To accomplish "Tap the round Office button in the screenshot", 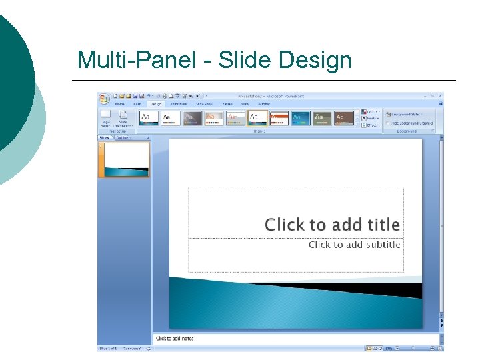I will click(105, 99).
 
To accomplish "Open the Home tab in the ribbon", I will click(120, 104).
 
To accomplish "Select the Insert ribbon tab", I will click(137, 104).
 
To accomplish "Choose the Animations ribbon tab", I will click(179, 104).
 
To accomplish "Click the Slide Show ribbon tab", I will click(204, 104).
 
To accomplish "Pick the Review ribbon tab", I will click(228, 104).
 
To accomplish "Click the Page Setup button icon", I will click(106, 116).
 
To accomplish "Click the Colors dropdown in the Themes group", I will click(371, 111).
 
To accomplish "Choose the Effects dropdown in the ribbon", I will click(371, 125).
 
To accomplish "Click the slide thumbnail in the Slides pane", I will click(125, 159).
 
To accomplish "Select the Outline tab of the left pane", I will click(123, 138).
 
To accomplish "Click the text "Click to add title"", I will click(332, 225).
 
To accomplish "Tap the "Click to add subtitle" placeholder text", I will click(354, 245).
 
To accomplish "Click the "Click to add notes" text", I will click(175, 339).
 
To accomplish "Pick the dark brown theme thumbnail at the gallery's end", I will click(344, 118).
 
